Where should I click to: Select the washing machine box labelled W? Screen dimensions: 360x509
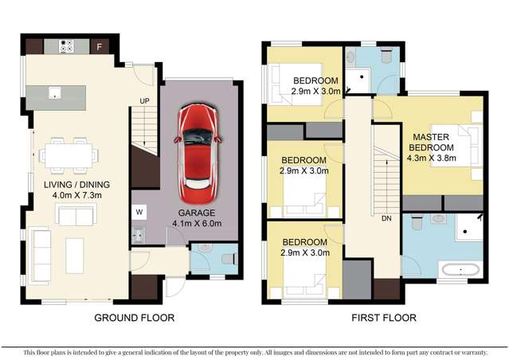point(139,212)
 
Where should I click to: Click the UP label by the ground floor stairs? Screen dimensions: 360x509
point(144,101)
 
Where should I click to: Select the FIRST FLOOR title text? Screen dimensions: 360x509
point(383,318)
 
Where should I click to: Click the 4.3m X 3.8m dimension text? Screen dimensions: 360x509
point(431,157)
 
